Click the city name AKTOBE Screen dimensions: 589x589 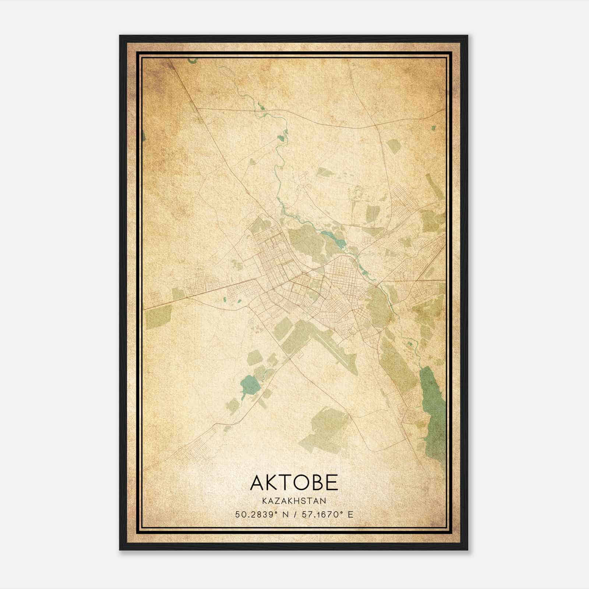(294, 483)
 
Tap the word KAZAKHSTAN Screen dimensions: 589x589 (294, 501)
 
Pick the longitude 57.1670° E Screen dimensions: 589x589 (327, 515)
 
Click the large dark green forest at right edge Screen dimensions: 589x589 (434, 412)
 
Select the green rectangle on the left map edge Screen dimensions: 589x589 (158, 317)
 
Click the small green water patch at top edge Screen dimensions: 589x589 (193, 60)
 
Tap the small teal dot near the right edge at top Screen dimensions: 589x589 (433, 128)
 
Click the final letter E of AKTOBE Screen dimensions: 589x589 (332, 483)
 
